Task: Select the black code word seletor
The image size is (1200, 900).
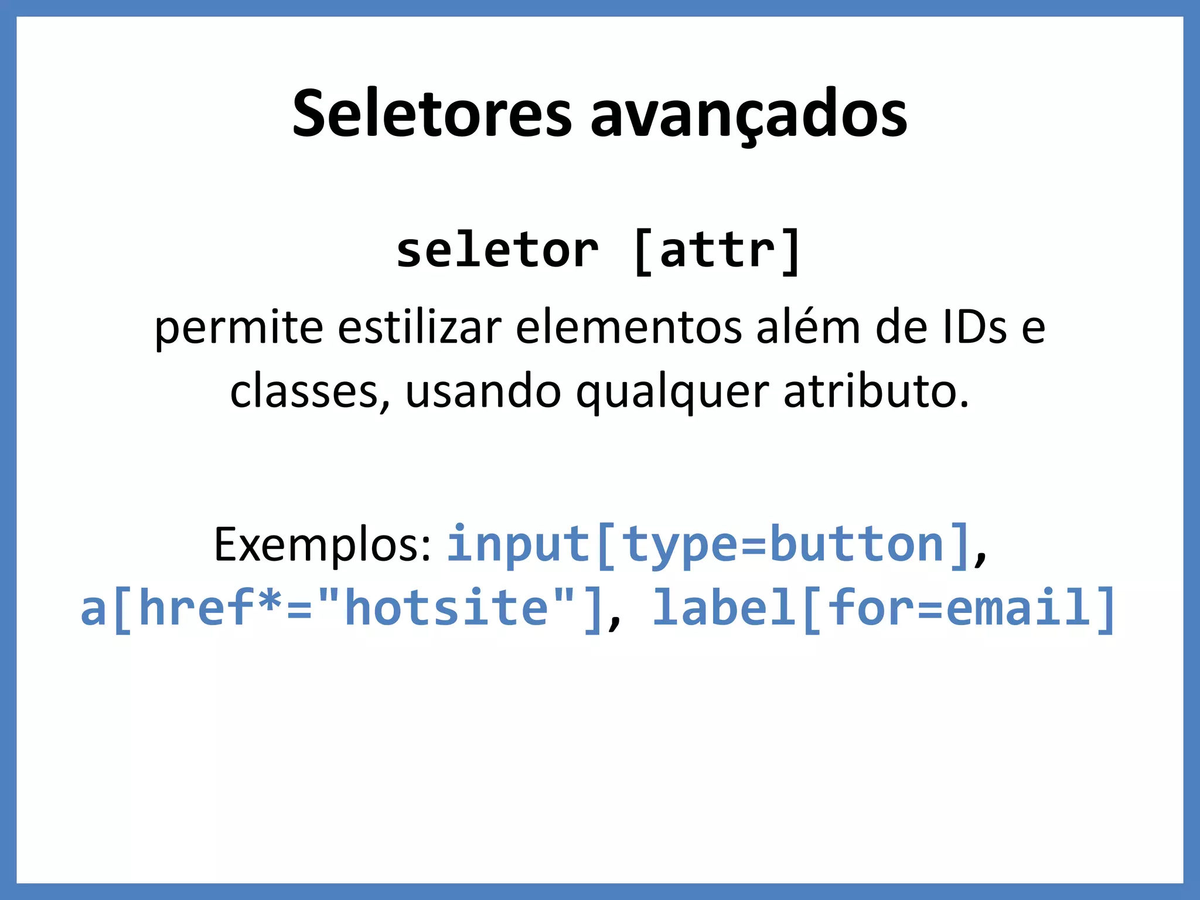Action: [497, 251]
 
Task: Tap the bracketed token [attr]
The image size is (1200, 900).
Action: [717, 251]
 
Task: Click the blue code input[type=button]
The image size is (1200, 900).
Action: [708, 545]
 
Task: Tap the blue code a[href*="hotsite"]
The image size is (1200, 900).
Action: [342, 608]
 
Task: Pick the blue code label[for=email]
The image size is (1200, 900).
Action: [884, 608]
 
